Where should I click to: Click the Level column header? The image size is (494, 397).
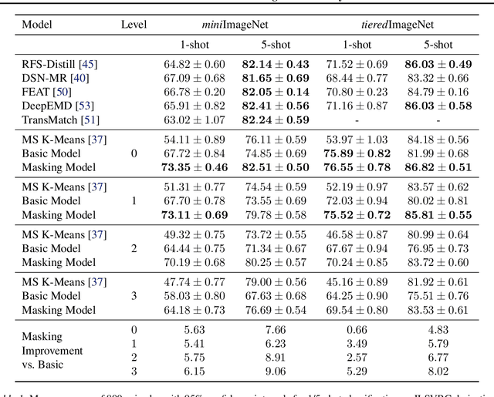pyautogui.click(x=134, y=25)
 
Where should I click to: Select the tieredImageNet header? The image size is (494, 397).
pyautogui.click(x=391, y=25)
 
